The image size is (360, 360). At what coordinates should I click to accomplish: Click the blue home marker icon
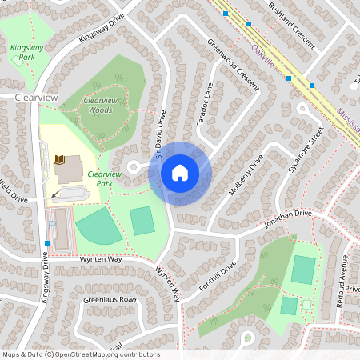180,173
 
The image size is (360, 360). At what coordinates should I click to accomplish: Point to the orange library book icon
58,160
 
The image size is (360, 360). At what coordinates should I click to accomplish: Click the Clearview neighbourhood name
36,97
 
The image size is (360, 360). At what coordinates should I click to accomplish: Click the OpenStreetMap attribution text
80,354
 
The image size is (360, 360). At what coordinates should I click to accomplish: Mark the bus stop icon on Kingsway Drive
48,243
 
